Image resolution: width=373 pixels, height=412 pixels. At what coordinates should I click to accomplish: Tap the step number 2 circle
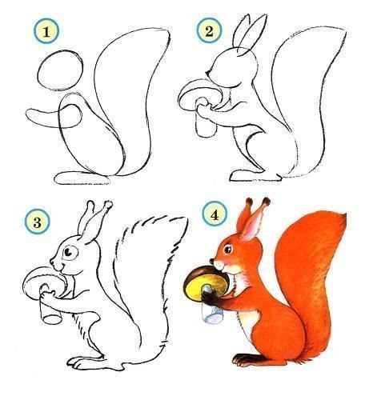point(209,31)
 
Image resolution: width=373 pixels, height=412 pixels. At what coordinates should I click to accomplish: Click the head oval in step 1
point(58,70)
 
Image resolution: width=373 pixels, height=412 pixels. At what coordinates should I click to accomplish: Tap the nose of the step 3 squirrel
point(52,262)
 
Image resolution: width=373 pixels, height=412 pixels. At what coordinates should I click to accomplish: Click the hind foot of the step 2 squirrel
point(244,173)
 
